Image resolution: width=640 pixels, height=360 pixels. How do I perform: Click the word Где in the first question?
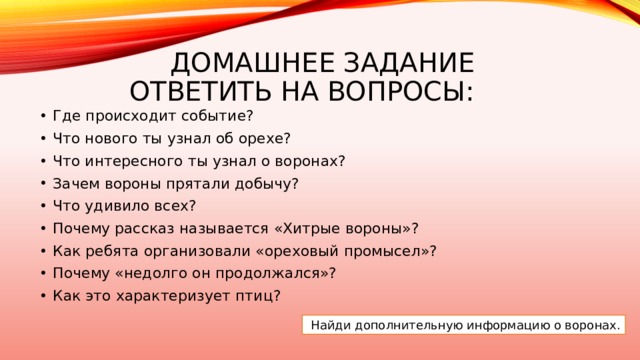click(x=67, y=115)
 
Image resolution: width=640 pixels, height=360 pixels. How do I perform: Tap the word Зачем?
click(x=75, y=184)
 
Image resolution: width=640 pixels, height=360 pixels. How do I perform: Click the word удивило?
click(x=117, y=207)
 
